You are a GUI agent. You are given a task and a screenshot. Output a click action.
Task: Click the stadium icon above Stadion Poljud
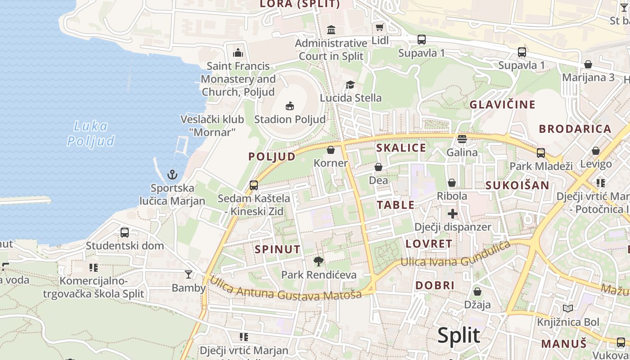289,106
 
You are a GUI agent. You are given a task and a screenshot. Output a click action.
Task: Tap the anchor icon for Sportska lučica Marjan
172,175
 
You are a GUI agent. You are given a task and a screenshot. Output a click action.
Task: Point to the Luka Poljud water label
91,134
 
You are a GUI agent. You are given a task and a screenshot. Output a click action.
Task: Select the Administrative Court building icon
331,30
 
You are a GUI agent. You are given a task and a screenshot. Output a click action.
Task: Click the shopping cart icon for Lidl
380,27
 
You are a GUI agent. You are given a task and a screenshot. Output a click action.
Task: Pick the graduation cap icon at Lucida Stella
350,85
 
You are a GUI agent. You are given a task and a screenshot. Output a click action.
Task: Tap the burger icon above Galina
462,139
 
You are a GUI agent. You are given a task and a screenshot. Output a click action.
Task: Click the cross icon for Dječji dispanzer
452,214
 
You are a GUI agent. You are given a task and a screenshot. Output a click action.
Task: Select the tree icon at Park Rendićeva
319,261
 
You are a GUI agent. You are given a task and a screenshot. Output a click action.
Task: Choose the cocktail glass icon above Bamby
188,274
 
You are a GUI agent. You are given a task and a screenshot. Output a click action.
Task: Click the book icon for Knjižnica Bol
568,309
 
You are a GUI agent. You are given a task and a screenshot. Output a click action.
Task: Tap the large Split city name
459,336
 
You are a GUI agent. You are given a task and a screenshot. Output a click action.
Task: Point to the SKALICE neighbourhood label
401,148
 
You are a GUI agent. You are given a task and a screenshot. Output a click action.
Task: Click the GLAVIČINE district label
503,105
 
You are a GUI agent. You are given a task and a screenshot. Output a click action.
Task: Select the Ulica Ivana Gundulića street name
455,255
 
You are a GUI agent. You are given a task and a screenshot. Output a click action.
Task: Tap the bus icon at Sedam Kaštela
254,185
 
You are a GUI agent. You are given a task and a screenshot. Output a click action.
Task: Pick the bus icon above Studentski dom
125,233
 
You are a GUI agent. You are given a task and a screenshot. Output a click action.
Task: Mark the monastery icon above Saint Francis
238,53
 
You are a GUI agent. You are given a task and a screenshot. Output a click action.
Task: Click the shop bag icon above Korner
331,150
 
